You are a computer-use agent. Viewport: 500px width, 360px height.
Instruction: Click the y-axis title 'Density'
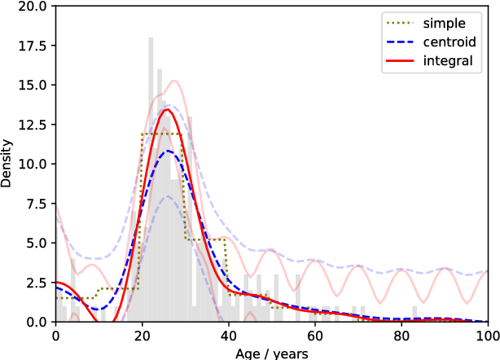click(7, 165)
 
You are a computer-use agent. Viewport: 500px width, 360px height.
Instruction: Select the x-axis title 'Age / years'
click(271, 352)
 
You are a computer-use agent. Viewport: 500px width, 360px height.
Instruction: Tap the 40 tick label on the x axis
click(228, 335)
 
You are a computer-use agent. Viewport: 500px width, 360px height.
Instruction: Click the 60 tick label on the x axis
click(314, 335)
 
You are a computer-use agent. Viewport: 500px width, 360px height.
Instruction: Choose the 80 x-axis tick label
click(401, 335)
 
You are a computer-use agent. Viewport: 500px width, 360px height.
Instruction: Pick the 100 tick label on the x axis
click(487, 335)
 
